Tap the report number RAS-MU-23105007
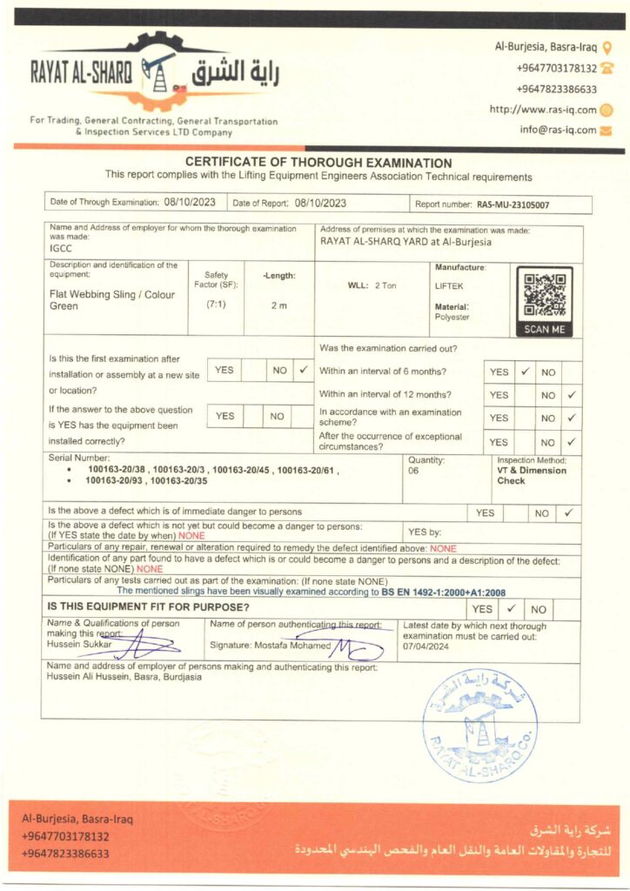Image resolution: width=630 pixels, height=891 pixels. pyautogui.click(x=513, y=205)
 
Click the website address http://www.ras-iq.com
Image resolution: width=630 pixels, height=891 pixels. pyautogui.click(x=542, y=110)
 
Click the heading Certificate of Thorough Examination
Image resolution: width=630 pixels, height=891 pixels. pyautogui.click(x=318, y=163)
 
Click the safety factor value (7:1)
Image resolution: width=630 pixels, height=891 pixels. pyautogui.click(x=216, y=305)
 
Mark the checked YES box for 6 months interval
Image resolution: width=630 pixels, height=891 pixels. pyautogui.click(x=526, y=372)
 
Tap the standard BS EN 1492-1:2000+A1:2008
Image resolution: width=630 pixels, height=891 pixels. pyautogui.click(x=443, y=592)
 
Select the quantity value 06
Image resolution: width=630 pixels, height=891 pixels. pyautogui.click(x=413, y=471)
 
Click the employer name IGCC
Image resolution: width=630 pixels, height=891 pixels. pyautogui.click(x=61, y=248)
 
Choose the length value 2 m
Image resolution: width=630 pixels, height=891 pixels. pyautogui.click(x=278, y=305)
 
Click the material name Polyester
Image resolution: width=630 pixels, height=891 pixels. pyautogui.click(x=452, y=318)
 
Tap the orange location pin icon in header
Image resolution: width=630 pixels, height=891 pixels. pyautogui.click(x=607, y=47)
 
